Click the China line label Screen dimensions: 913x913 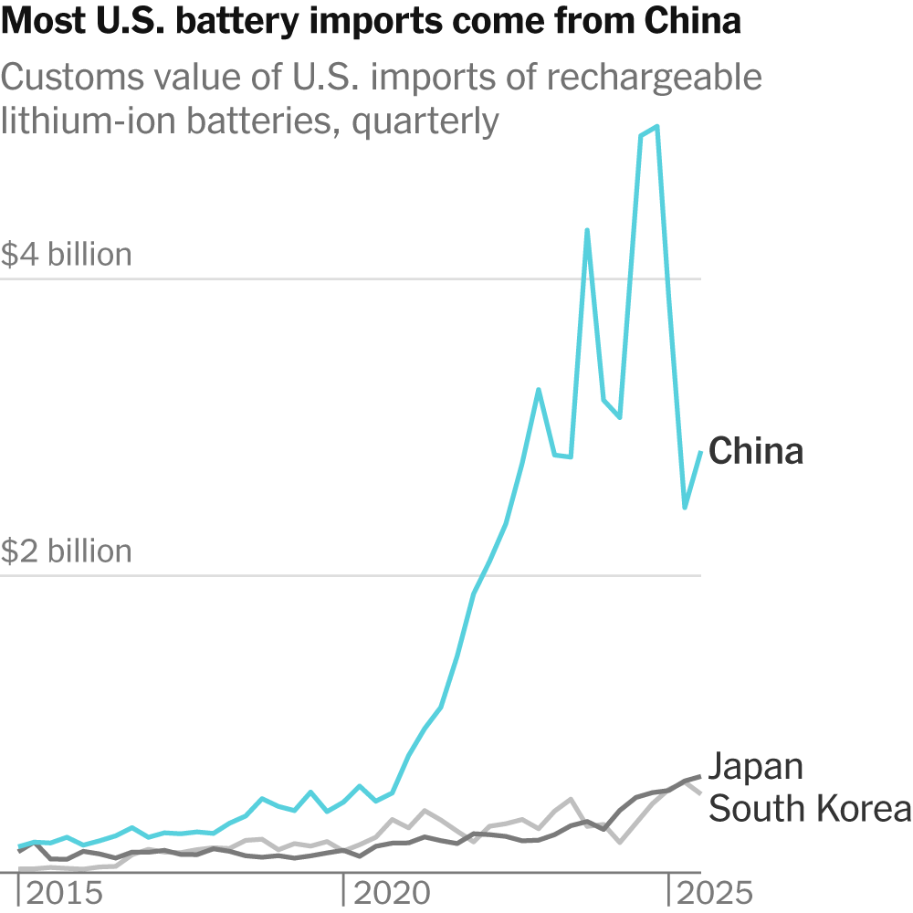[756, 451]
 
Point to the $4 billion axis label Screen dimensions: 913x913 [67, 255]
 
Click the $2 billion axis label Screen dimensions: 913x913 [67, 551]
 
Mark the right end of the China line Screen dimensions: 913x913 [700, 453]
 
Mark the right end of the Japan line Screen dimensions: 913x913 [700, 776]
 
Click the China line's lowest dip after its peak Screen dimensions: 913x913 [685, 508]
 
